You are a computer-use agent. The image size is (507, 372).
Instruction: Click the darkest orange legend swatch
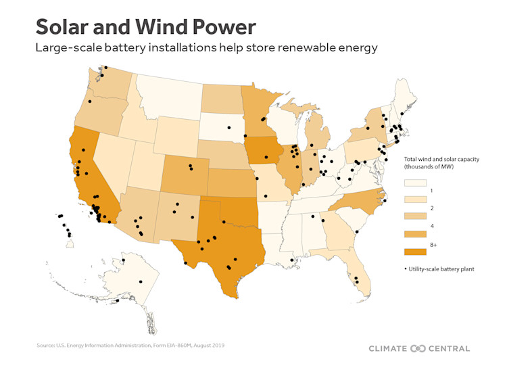click(x=414, y=252)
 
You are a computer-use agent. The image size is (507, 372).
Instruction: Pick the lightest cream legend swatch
click(x=414, y=183)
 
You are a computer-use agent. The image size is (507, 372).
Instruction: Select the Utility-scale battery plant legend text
click(x=441, y=269)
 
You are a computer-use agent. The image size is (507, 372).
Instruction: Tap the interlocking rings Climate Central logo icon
click(x=418, y=348)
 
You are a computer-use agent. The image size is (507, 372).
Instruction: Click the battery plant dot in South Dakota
click(x=228, y=127)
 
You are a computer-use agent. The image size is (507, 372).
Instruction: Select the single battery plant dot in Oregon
click(x=89, y=101)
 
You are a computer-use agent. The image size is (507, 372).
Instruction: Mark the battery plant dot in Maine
click(x=402, y=114)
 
